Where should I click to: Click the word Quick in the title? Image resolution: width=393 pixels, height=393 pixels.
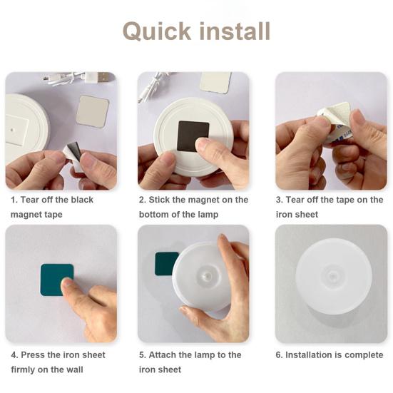(x=157, y=31)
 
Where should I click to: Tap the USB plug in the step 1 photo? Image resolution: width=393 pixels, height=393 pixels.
(x=101, y=77)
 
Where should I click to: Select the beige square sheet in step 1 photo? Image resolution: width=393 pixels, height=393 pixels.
(x=92, y=111)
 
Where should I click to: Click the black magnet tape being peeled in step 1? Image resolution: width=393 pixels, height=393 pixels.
(x=74, y=151)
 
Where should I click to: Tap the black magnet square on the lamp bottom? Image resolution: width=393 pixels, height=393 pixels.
(x=193, y=136)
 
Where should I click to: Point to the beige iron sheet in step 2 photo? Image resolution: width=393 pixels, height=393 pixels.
(x=215, y=82)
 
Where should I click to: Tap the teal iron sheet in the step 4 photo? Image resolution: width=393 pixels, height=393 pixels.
(x=56, y=279)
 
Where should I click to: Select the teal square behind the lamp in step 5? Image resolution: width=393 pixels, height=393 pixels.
(x=165, y=263)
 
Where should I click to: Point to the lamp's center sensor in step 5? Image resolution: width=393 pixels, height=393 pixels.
(x=207, y=277)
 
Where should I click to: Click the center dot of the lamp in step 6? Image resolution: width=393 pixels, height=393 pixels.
(x=332, y=277)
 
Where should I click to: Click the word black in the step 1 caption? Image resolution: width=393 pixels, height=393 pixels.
(x=82, y=200)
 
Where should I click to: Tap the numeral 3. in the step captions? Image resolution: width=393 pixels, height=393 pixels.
(x=279, y=200)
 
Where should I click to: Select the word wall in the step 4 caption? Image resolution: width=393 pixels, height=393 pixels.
(x=74, y=369)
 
